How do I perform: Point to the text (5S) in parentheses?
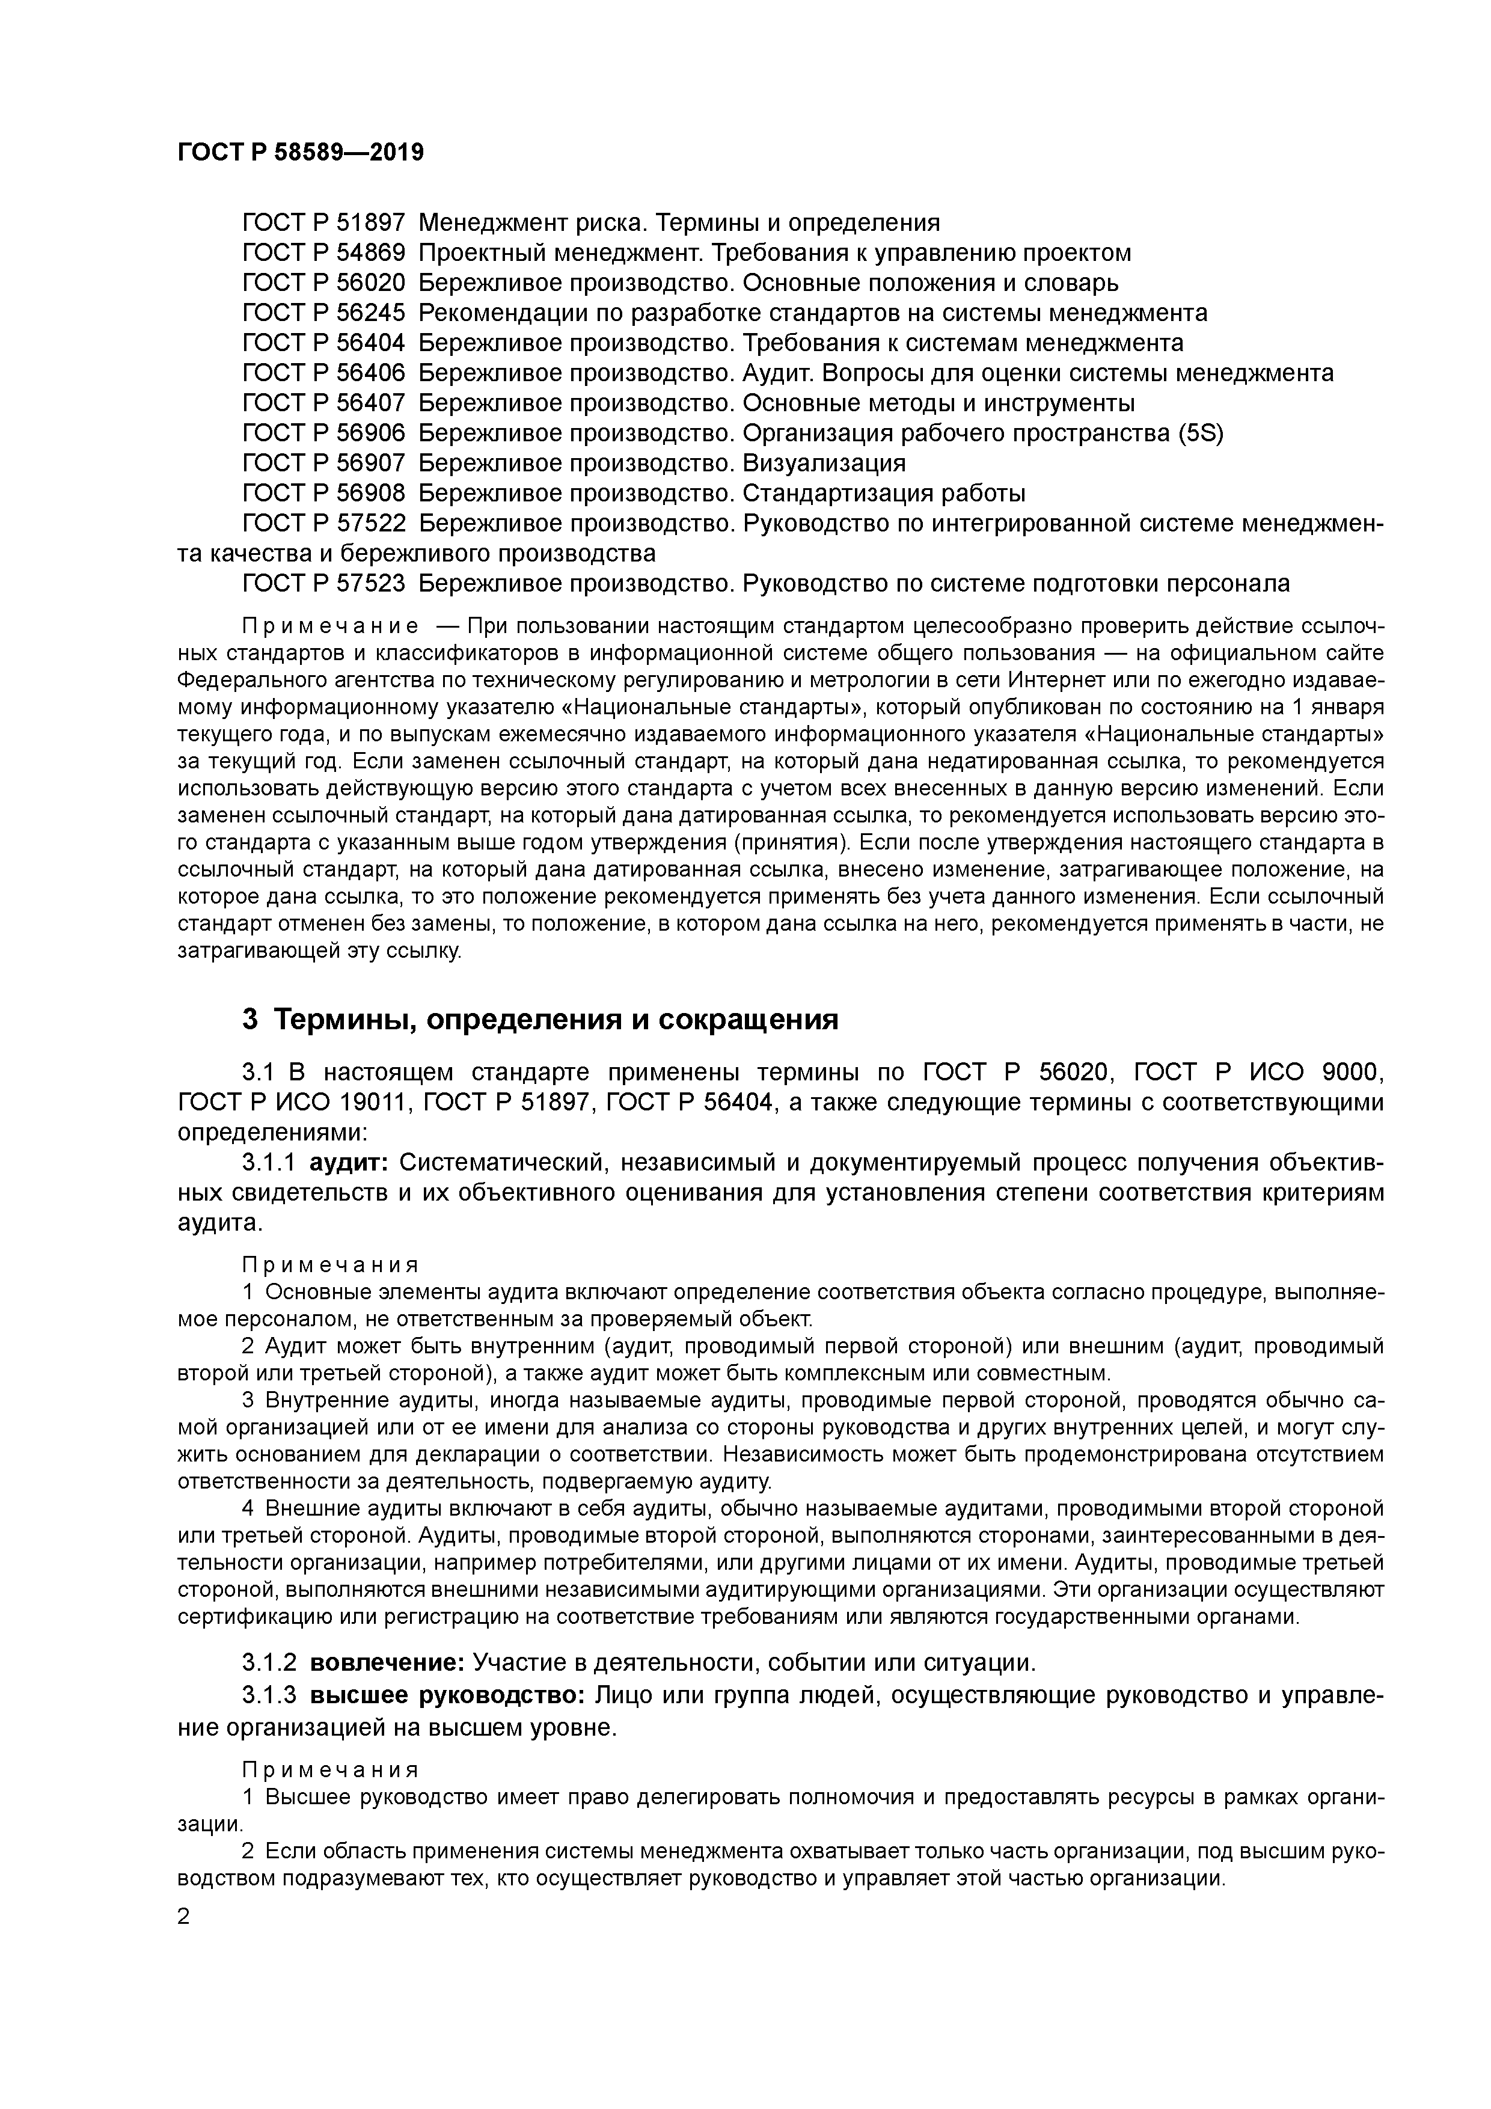point(1201,433)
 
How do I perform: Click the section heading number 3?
point(249,1020)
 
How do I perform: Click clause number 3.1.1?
point(268,1163)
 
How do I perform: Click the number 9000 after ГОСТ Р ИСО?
point(1350,1072)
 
